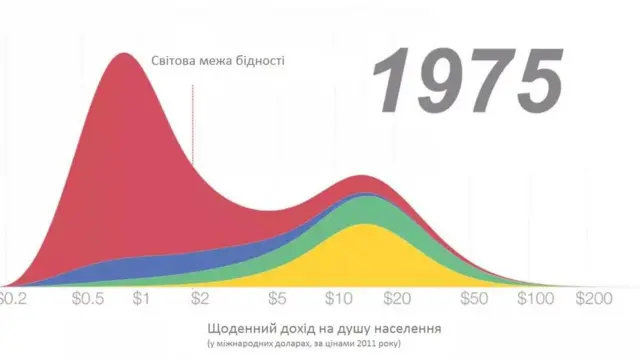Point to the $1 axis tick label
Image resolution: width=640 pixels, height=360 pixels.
(141, 298)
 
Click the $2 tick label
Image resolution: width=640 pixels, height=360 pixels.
(200, 298)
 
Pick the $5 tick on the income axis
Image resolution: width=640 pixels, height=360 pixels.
(277, 298)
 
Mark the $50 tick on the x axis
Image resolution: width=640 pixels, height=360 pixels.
(474, 298)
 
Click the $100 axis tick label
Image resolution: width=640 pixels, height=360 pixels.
(535, 298)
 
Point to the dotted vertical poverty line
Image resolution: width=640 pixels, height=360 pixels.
(193, 125)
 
